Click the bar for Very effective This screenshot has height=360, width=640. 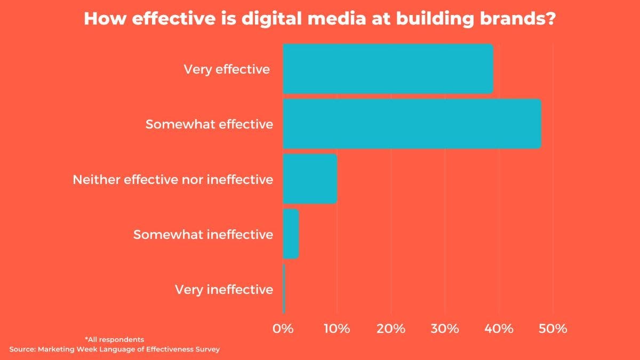[388, 69]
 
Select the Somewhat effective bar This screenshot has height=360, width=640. [412, 124]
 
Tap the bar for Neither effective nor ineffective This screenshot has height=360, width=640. [310, 179]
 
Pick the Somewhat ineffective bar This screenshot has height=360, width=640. [291, 234]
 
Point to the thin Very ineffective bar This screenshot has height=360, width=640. [284, 289]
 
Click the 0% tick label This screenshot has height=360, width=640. [283, 329]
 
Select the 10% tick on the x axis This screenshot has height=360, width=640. [337, 329]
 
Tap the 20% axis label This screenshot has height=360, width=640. [391, 329]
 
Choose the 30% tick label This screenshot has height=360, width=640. [445, 329]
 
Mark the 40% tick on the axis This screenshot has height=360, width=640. [499, 329]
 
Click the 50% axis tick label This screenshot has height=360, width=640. [553, 329]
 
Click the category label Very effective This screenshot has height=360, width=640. [227, 69]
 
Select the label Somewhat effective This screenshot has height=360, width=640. [209, 124]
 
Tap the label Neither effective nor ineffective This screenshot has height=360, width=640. [173, 179]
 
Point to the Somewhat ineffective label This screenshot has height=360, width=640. [203, 235]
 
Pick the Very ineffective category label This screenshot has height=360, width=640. [224, 290]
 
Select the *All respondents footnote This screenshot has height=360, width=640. [114, 339]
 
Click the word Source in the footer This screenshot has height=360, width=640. [22, 349]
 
